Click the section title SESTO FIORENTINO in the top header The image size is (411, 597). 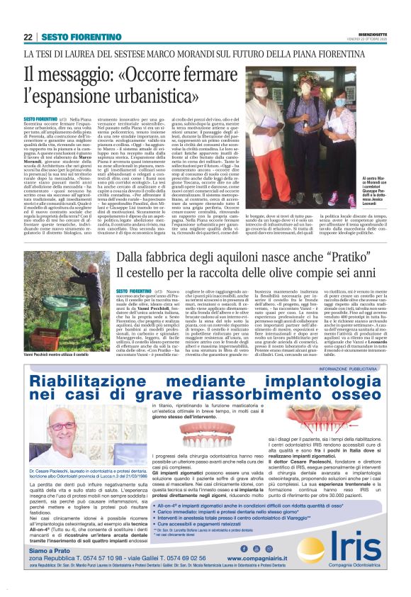coord(74,37)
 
